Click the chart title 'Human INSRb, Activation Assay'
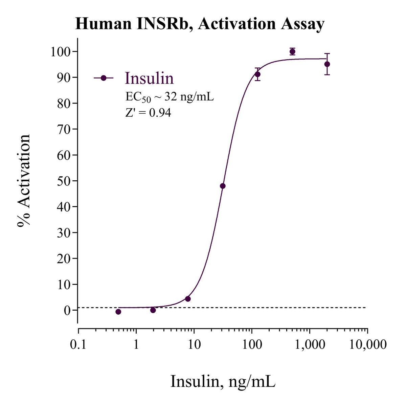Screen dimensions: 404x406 coord(200,24)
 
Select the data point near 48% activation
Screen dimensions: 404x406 coord(223,186)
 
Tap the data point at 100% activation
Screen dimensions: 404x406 coord(292,51)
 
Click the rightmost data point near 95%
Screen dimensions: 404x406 coord(327,64)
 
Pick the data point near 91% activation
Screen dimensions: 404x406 coord(257,74)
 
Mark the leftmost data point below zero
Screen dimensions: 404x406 coord(118,312)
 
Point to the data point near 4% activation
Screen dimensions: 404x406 coord(188,299)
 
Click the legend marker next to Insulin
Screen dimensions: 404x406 coord(104,78)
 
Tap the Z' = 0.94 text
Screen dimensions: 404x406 coord(148,113)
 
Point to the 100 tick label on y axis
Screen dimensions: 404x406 coord(61,52)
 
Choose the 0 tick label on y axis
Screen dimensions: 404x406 coord(68,310)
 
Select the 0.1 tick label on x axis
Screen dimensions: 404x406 coord(78,345)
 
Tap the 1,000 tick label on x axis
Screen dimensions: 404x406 coord(309,345)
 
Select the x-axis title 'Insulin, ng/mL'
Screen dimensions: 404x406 coord(223,381)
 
